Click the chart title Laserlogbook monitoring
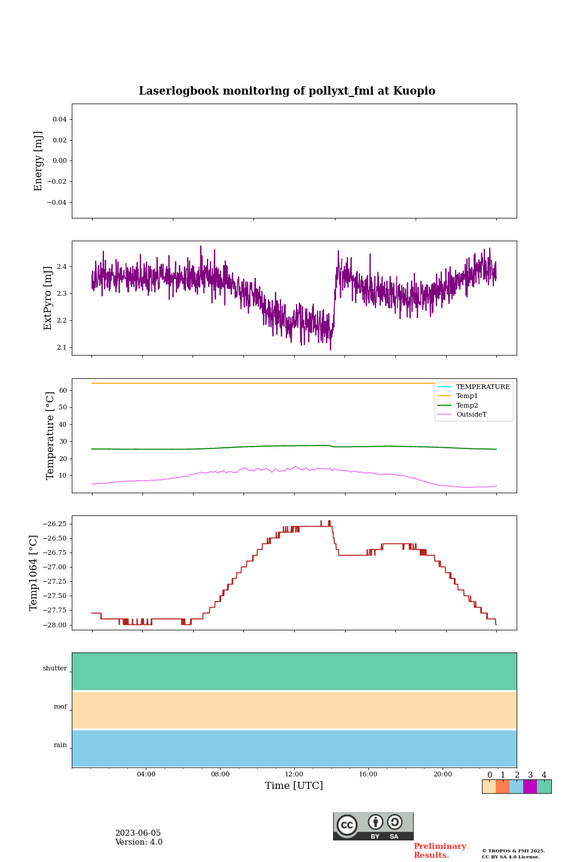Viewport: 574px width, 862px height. click(x=287, y=91)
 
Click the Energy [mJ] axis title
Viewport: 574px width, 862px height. click(x=39, y=161)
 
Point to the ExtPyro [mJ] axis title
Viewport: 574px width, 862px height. click(x=48, y=298)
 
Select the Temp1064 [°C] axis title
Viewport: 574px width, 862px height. click(x=33, y=573)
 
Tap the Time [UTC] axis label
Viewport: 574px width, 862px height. click(x=294, y=785)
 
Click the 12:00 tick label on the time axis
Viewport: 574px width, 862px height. click(x=294, y=774)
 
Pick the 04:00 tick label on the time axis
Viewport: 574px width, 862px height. click(x=146, y=774)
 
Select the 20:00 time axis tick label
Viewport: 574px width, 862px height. click(x=442, y=774)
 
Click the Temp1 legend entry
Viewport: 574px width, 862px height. click(x=467, y=396)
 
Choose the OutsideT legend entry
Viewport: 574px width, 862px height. click(x=471, y=414)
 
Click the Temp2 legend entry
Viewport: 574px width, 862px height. click(x=467, y=405)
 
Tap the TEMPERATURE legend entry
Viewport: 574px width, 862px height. click(x=483, y=387)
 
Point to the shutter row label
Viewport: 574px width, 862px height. click(x=55, y=669)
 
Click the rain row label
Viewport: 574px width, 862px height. click(x=60, y=745)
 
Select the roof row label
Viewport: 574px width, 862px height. click(x=60, y=707)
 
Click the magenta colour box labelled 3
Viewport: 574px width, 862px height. click(x=530, y=787)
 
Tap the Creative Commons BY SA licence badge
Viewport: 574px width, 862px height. click(x=373, y=826)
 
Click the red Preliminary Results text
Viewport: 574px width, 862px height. click(x=439, y=851)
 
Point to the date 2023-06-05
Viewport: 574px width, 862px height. click(x=138, y=833)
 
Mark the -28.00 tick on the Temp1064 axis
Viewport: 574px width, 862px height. click(x=57, y=625)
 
